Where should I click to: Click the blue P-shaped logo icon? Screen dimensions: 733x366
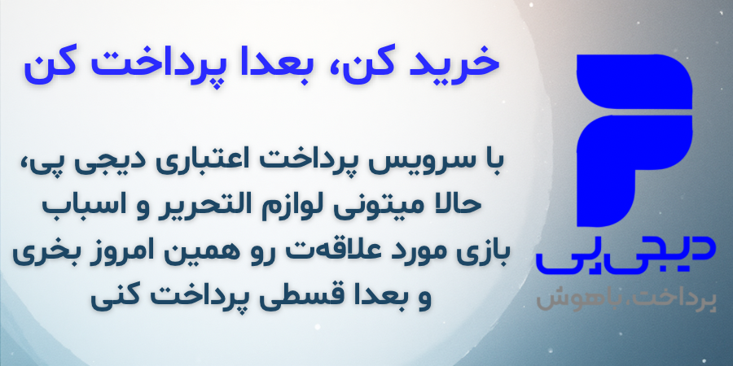click(634, 141)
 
